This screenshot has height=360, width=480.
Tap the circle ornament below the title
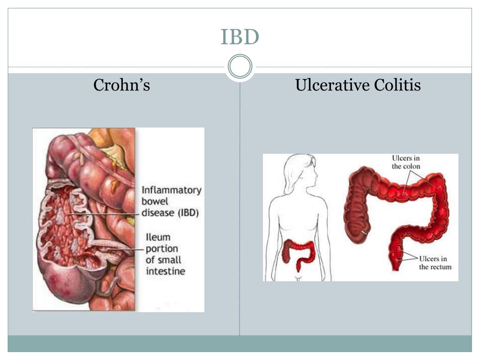(240, 67)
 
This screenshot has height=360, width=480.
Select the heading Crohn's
(121, 85)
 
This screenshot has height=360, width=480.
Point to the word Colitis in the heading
(397, 85)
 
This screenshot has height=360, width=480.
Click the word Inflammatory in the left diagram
(172, 190)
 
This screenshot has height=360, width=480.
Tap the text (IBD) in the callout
(187, 213)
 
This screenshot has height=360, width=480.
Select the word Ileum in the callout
(157, 238)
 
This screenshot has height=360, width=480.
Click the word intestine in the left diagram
(165, 271)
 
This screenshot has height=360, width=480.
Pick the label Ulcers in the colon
(406, 162)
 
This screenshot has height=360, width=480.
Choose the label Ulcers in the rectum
(435, 263)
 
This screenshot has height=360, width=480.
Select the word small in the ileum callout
(169, 260)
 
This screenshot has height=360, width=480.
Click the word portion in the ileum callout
(161, 249)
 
